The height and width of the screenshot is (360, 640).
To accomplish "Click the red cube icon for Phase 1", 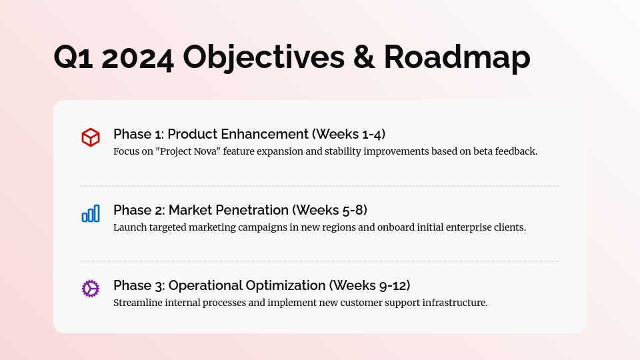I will [91, 137].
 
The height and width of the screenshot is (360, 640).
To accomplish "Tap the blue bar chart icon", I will [91, 213].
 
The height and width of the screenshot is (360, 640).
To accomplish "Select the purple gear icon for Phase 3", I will [91, 289].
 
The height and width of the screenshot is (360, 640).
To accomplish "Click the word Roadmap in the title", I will [457, 57].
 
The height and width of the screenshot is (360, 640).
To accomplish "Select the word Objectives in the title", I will [264, 57].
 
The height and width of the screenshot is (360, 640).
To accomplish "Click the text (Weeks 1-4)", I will [349, 134].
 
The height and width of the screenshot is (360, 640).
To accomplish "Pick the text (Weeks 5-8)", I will [330, 210].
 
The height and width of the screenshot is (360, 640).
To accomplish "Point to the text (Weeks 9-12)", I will [370, 285].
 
